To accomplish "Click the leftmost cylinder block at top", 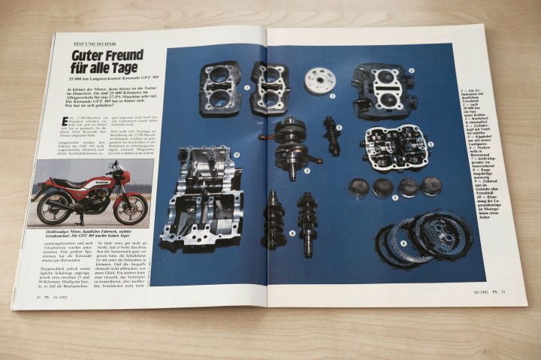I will pyautogui.click(x=220, y=87).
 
